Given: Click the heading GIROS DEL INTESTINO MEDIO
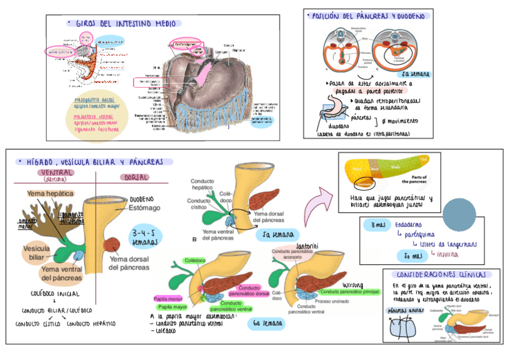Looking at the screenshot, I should (x=126, y=23).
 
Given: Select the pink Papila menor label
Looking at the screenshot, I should (x=168, y=297).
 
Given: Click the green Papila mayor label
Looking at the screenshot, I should (x=173, y=307).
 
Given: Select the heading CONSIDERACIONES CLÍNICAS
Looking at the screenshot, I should (x=431, y=273).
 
